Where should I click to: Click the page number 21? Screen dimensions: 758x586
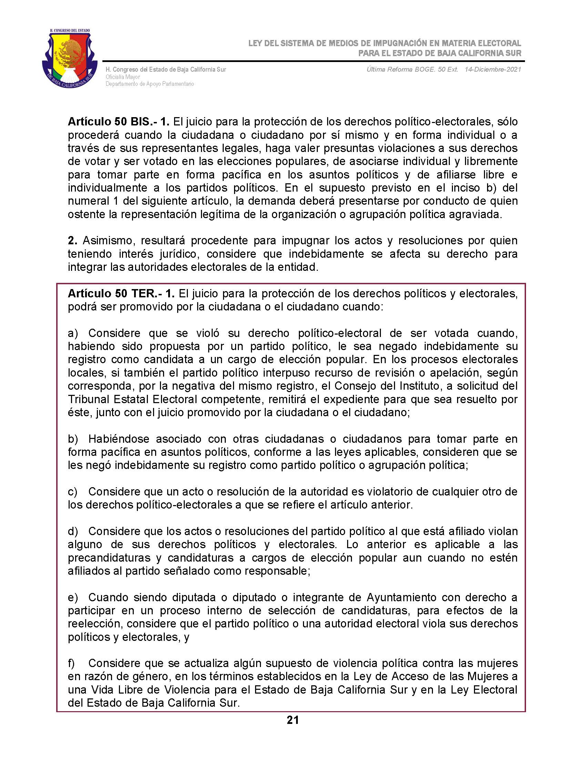coord(293,720)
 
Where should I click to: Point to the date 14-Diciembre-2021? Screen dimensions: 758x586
coord(493,69)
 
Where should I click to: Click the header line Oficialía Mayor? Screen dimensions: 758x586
coord(123,77)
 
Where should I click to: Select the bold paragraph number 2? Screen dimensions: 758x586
coord(72,240)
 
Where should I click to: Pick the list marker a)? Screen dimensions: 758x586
coord(73,333)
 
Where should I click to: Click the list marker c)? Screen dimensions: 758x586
coord(72,492)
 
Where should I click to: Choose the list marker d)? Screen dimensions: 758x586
coord(73,531)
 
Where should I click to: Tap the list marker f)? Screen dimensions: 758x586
coord(71,663)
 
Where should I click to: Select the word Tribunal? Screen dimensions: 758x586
coord(89,399)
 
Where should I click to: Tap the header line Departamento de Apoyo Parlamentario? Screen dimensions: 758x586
coord(150,84)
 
